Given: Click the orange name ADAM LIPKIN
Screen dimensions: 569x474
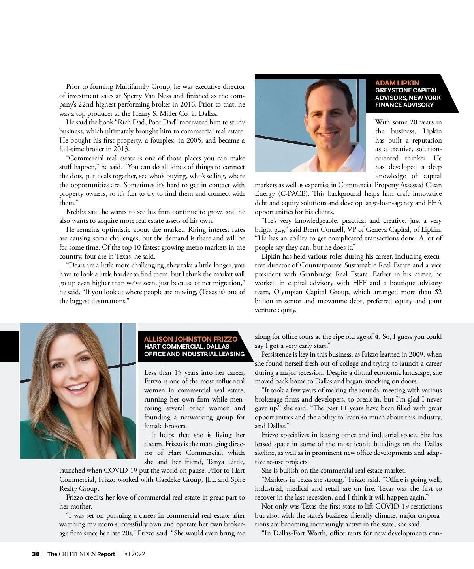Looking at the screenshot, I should [397, 83].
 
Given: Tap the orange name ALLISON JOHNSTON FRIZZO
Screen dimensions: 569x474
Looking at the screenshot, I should [190, 339].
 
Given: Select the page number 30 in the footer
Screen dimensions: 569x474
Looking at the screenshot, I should [36, 554].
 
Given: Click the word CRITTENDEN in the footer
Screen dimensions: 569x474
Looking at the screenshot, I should [77, 554].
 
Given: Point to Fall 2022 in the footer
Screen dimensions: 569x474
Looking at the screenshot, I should [133, 554].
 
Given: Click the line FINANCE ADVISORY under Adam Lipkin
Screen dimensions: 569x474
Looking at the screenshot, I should [404, 105].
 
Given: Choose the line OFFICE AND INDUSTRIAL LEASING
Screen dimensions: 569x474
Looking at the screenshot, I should [194, 354].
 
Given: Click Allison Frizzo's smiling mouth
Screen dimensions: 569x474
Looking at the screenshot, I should [78, 387].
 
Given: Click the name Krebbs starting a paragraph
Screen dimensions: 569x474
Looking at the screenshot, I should [77, 212].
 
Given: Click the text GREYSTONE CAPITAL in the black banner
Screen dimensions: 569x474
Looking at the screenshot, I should [406, 90].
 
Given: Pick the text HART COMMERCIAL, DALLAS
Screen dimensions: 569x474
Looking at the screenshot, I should [186, 347].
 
